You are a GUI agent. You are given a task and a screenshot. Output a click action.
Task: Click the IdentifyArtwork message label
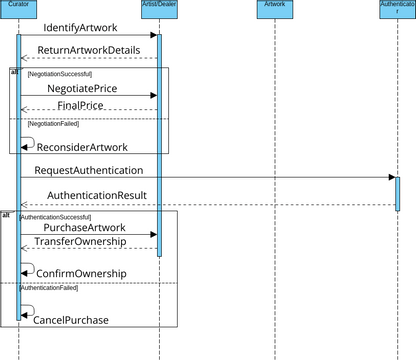click(x=81, y=27)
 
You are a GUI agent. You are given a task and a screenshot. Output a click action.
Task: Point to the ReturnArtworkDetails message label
click(x=89, y=50)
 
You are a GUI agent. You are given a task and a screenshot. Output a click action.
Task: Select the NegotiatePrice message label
click(x=82, y=88)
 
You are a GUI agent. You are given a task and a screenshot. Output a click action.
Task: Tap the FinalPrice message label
click(x=80, y=105)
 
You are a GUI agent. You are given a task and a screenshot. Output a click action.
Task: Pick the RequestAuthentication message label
click(x=88, y=170)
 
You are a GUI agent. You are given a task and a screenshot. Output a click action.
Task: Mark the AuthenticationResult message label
click(x=97, y=195)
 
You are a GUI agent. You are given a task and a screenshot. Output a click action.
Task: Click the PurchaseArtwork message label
click(x=85, y=227)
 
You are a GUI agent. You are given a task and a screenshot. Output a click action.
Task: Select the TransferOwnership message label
click(x=80, y=242)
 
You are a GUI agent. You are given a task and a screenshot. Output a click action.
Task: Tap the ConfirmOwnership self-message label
click(x=81, y=273)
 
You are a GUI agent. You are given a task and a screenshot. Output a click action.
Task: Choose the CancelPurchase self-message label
click(x=71, y=320)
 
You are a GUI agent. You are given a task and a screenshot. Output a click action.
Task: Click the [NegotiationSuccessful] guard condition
click(x=60, y=74)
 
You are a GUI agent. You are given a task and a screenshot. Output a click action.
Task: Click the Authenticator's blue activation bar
click(x=397, y=193)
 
